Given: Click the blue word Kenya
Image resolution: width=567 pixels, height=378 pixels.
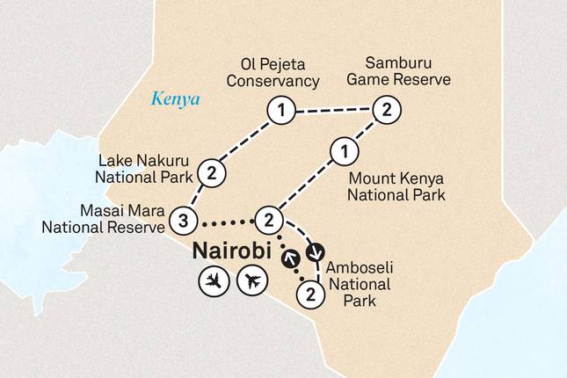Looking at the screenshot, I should pos(176,99).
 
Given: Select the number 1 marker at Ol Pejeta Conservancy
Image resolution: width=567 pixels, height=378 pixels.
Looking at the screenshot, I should pos(280,112).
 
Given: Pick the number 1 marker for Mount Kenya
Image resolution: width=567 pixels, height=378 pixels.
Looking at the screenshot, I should pos(342,152).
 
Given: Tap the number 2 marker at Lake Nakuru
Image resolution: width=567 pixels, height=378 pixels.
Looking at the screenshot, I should pos(211,173).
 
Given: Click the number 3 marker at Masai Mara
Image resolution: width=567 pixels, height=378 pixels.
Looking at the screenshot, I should pos(182,219).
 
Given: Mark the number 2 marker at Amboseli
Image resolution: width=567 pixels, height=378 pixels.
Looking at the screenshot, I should pos(309,294).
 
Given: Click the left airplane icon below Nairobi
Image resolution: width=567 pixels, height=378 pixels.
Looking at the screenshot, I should pos(212,281).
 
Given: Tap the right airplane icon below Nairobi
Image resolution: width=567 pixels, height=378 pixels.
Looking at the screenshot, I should pos(251,281).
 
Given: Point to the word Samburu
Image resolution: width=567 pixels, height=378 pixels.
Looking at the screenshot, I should pos(384,62).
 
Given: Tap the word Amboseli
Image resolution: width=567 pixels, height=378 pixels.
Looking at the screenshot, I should pos(356,267).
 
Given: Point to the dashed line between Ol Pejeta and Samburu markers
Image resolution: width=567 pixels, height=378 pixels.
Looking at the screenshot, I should pos(332,111).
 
